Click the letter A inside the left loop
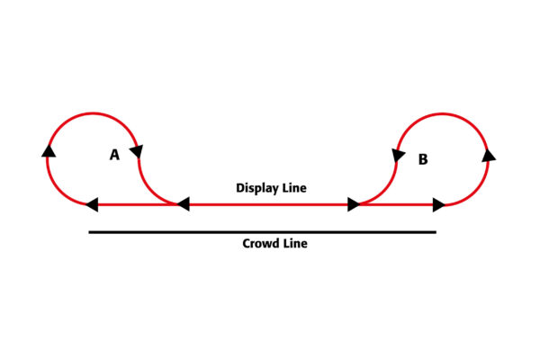click(114, 155)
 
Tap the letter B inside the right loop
click(423, 159)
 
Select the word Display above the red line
click(257, 188)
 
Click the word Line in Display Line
click(294, 188)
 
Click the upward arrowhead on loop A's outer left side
click(49, 151)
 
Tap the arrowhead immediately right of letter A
click(137, 151)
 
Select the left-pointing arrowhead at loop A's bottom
click(92, 204)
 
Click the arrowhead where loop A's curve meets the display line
click(184, 204)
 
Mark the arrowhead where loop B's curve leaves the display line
click(354, 204)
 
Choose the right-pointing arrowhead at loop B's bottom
click(439, 205)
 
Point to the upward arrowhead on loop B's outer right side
click(489, 156)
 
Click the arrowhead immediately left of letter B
click(398, 156)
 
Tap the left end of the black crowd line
click(89, 232)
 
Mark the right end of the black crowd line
click(436, 232)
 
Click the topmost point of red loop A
click(93, 113)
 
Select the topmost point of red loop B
click(443, 113)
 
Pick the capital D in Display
click(240, 188)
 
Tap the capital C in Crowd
click(247, 243)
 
